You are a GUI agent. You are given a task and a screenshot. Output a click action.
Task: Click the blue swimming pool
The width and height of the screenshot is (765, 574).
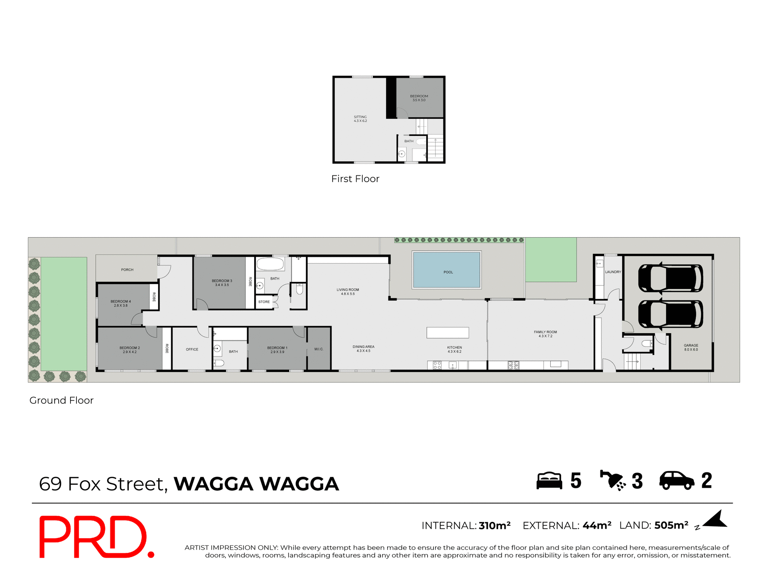point(447,269)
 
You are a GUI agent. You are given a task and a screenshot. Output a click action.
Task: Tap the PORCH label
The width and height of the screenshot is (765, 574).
point(127,270)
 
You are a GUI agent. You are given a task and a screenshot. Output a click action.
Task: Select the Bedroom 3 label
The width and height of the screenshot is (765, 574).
point(222,281)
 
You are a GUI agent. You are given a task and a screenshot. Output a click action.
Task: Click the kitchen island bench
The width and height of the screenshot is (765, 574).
point(447,332)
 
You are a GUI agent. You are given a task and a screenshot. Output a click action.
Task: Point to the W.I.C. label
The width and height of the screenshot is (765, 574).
point(319,349)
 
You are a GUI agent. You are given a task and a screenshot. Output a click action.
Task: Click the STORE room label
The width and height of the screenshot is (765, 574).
point(264,302)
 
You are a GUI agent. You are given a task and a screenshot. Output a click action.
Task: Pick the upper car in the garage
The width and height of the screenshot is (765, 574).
point(670,278)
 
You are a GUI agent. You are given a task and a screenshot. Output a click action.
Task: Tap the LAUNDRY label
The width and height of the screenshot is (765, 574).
point(613,272)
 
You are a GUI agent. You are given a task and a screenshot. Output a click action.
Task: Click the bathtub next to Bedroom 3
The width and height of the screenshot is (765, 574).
point(270,264)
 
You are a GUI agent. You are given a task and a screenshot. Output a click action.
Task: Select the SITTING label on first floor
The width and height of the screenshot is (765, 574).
point(360,117)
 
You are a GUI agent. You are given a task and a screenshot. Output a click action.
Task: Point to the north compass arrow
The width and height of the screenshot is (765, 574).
point(716,520)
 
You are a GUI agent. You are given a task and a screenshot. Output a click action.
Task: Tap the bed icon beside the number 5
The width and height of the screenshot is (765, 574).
point(549,481)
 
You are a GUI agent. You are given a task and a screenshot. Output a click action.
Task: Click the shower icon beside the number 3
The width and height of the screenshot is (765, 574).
point(613,480)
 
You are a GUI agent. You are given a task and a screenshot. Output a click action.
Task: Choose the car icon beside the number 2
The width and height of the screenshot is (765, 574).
point(677,480)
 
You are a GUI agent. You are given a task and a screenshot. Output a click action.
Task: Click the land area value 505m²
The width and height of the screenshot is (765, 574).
point(671,525)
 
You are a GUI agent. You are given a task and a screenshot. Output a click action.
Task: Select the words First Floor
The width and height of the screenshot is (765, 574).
point(355,179)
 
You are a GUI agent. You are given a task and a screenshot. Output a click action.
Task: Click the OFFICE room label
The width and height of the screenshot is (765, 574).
point(192,350)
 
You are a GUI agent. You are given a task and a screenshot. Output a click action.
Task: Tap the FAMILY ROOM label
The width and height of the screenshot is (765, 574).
point(545,332)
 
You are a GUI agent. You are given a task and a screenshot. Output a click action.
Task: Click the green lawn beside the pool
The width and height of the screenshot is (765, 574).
point(551,259)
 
